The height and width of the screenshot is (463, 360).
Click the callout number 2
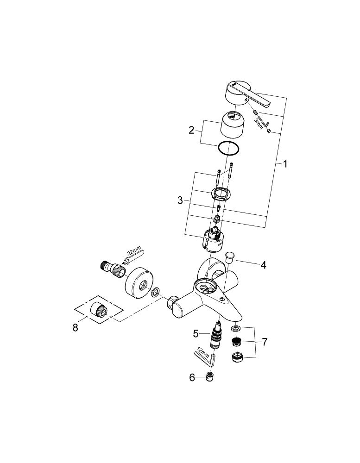(x=191, y=130)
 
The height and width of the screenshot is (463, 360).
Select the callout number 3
(x=180, y=200)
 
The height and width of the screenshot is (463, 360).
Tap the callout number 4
(x=263, y=265)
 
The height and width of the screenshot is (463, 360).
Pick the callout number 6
(x=192, y=377)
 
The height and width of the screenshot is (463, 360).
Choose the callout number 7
(x=264, y=342)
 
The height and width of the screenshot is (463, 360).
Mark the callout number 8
(x=76, y=327)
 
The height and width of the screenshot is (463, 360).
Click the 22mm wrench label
(x=134, y=252)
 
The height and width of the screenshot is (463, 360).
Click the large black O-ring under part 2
(x=228, y=149)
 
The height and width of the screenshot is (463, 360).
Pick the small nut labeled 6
(x=210, y=377)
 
